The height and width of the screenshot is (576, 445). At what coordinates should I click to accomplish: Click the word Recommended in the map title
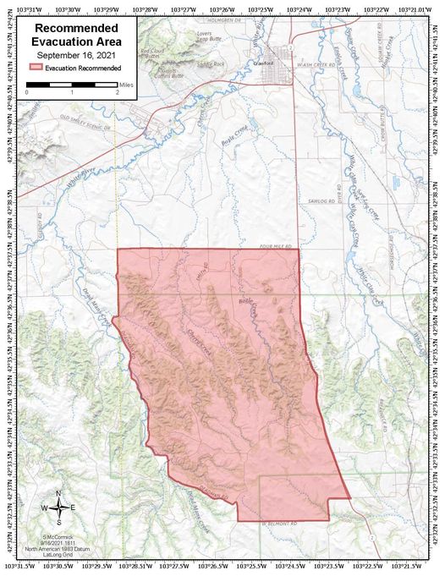click(76, 28)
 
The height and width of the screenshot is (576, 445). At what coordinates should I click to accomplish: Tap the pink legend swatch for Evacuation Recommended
click(36, 67)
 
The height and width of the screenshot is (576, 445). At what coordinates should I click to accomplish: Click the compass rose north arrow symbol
click(58, 507)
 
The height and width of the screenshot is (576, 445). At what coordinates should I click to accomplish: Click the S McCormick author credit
click(59, 536)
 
